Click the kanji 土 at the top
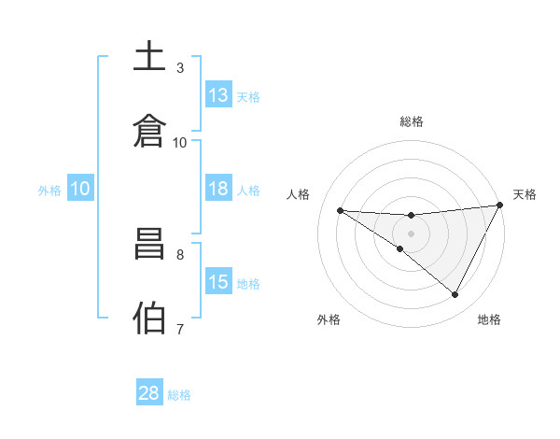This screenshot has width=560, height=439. tap(150, 56)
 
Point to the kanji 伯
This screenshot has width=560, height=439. tap(150, 318)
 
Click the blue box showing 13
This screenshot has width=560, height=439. tap(218, 95)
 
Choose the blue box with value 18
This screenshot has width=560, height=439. tap(218, 189)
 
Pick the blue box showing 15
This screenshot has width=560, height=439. tap(218, 282)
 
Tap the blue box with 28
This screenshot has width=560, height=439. tap(149, 393)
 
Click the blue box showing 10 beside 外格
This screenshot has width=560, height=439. tap(79, 189)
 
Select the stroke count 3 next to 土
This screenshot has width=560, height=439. tap(180, 67)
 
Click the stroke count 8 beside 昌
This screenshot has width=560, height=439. tap(180, 253)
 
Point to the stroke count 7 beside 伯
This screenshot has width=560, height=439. tap(180, 329)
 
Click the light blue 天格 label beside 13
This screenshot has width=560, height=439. tap(248, 96)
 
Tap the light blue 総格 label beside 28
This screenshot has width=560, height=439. tap(179, 394)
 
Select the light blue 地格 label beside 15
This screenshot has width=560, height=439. tap(248, 283)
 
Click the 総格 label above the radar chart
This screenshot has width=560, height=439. tap(411, 121)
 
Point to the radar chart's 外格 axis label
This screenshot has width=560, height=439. tap(329, 319)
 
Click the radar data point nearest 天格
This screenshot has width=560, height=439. tap(500, 205)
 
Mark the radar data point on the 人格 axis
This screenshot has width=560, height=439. tap(340, 210)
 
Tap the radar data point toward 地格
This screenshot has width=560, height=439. tap(455, 295)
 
